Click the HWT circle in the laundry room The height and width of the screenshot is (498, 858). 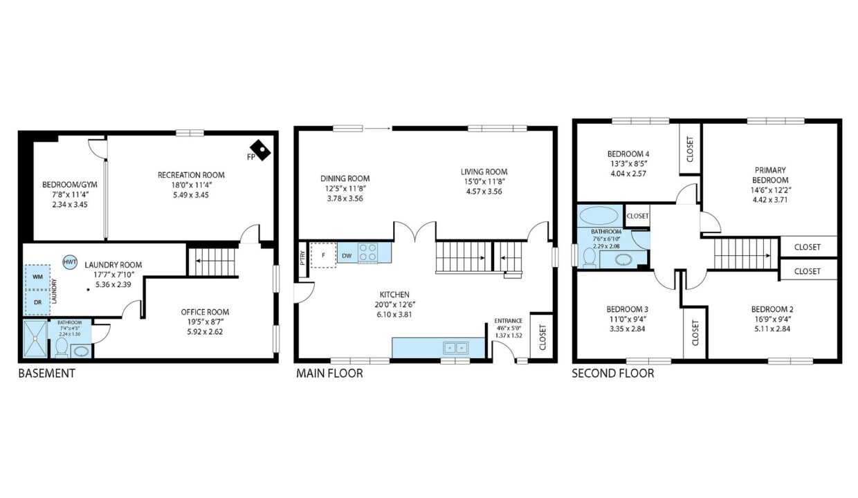point(70,262)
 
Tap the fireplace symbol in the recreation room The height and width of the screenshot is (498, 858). point(260,151)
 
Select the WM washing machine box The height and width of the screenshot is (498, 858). point(37,277)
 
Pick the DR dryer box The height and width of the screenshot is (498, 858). point(37,302)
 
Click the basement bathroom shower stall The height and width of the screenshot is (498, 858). point(35,339)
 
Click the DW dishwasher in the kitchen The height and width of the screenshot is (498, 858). point(347,256)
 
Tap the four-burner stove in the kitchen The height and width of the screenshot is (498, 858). point(367,252)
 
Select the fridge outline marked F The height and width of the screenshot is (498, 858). point(323,255)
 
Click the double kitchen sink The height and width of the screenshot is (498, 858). point(455,348)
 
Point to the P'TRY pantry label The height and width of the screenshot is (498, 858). point(302,258)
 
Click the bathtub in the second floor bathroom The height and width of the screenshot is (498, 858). point(599,216)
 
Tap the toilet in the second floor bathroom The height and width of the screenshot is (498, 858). point(589,258)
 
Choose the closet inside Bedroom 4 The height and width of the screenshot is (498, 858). point(691,149)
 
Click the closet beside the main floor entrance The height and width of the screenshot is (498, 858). point(542,338)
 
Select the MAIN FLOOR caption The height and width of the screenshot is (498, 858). point(329,373)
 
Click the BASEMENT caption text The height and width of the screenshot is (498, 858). point(47,373)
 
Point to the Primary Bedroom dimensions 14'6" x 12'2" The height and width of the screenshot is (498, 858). point(770,190)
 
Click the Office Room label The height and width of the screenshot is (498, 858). point(205,312)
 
